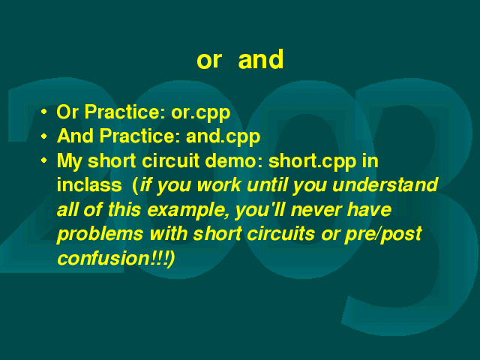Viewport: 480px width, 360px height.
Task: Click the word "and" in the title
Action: point(261,59)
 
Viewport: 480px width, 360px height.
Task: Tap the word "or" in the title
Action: point(209,60)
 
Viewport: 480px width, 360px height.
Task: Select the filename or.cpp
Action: point(200,113)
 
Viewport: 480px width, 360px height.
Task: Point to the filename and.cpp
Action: point(223,136)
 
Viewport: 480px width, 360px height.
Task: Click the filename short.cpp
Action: point(312,161)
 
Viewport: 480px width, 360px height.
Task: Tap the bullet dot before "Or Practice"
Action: point(44,112)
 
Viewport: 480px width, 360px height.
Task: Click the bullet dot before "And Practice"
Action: point(44,136)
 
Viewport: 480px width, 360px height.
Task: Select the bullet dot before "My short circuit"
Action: point(44,160)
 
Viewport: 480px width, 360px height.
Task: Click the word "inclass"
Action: point(89,185)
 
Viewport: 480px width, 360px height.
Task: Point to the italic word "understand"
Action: point(385,185)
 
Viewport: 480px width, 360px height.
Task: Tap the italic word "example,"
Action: point(188,211)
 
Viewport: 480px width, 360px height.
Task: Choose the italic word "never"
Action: point(316,210)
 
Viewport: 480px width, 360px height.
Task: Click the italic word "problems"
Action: point(100,235)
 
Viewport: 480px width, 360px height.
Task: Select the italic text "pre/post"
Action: point(383,235)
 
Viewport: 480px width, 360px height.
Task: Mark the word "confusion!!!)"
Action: point(116,259)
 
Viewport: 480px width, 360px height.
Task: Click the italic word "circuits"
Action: point(280,234)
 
